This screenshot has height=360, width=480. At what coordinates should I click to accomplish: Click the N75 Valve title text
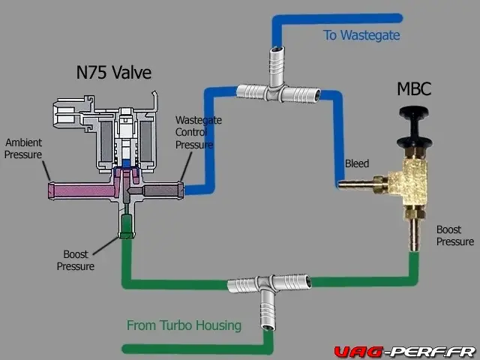pos(114,73)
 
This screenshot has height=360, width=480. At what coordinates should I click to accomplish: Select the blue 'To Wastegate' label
pos(361,35)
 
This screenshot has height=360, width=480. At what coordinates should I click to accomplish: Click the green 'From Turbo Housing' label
pos(184,325)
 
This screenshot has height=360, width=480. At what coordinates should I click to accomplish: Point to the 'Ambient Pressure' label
pos(24,148)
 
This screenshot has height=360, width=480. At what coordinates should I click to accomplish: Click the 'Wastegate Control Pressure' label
pos(194,132)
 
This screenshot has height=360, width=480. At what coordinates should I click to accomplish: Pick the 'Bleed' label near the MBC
pos(356,163)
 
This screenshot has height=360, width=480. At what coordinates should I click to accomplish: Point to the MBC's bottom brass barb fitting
pos(412,232)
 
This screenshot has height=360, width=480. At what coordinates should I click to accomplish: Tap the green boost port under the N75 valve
pos(126,225)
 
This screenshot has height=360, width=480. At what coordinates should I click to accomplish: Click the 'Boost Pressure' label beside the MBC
pos(454,235)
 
